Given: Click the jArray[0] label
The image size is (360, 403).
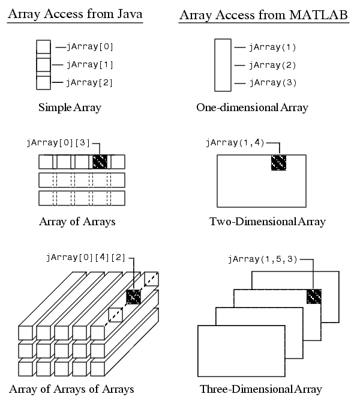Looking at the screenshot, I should click(x=89, y=46).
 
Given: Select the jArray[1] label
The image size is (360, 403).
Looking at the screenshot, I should click(x=89, y=64).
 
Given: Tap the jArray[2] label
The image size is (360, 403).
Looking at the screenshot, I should click(x=89, y=82).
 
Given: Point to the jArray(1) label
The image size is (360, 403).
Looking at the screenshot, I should click(x=272, y=47).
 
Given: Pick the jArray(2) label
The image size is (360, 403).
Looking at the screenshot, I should click(x=272, y=65).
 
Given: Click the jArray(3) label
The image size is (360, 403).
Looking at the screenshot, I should click(x=272, y=83).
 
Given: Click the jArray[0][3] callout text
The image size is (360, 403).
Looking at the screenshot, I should click(x=58, y=143).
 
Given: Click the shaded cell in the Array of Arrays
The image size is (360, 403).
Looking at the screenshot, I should click(x=100, y=162).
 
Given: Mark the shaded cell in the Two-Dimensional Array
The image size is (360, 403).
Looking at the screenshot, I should click(x=279, y=163).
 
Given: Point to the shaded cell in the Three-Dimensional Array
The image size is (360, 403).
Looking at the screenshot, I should click(x=314, y=297).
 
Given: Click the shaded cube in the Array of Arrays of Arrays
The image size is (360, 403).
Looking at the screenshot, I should click(x=133, y=297).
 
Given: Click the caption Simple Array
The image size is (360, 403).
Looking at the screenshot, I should click(x=70, y=108).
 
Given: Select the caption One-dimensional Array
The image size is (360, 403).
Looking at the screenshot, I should click(x=252, y=108).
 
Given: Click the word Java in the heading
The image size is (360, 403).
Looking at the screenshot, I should click(x=129, y=14).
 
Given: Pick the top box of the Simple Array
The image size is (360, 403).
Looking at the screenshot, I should click(x=43, y=47).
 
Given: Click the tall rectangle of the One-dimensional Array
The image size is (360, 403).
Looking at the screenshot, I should click(x=223, y=64).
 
